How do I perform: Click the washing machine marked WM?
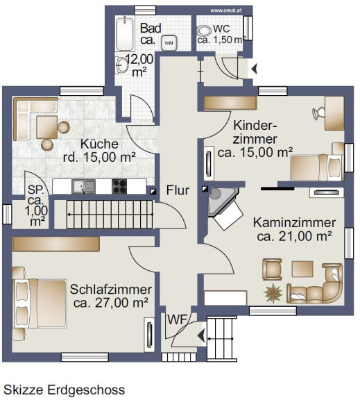(x=169, y=42)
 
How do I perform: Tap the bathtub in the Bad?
(x=125, y=33)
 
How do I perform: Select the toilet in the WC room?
(x=204, y=31)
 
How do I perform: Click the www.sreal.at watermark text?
(x=226, y=10)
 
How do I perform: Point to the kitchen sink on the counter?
(x=83, y=187)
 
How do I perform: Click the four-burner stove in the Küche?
(x=119, y=187)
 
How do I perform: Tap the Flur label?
(x=178, y=190)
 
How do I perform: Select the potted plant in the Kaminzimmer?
(x=273, y=292)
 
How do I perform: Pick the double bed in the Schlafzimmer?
(x=40, y=303)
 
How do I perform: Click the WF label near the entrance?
(x=177, y=319)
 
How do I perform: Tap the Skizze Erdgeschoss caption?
(x=65, y=390)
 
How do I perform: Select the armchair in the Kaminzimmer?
(x=272, y=269)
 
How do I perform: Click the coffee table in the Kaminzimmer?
(x=302, y=269)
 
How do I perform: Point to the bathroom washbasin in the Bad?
(x=122, y=65)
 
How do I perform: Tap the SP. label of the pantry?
(x=35, y=190)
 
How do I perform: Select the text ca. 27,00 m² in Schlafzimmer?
(x=111, y=303)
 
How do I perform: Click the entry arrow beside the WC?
(x=255, y=69)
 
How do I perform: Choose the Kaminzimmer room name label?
(x=294, y=223)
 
